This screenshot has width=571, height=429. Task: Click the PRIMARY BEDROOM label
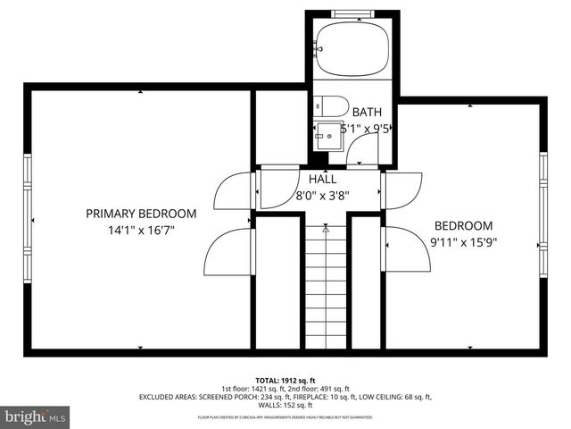141,214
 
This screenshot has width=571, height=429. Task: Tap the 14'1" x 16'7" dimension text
141,230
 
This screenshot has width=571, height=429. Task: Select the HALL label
322,179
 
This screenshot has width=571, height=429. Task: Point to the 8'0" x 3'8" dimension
322,195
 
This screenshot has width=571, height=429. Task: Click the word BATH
367,113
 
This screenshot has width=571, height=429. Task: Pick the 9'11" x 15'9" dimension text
464,241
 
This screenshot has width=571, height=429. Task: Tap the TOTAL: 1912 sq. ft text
285,379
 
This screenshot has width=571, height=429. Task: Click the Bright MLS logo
36,416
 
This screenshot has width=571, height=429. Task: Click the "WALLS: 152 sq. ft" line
285,406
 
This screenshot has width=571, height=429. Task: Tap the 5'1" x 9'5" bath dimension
361,129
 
